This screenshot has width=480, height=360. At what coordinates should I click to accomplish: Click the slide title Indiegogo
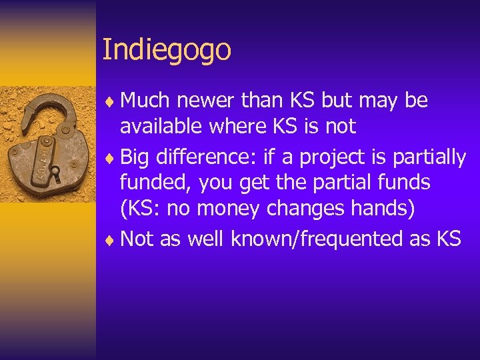tap(167, 51)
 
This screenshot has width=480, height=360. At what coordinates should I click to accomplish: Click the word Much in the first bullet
tap(145, 101)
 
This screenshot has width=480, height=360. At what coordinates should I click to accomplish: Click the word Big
tap(135, 157)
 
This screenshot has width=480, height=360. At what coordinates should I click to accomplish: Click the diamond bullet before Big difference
tap(111, 158)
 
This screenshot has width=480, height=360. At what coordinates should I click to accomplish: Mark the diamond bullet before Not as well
tap(111, 239)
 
